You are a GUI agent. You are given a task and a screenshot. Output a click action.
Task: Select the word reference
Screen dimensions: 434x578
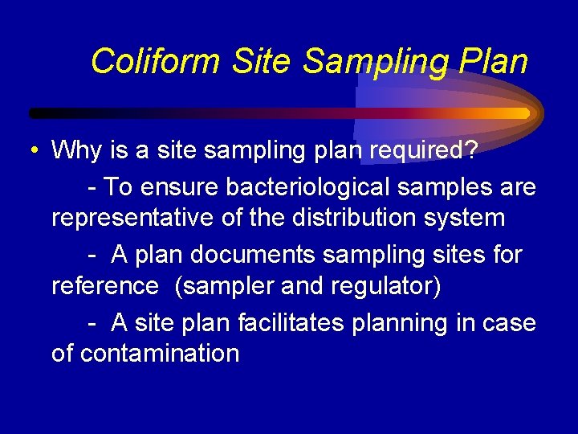pyautogui.click(x=105, y=285)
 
